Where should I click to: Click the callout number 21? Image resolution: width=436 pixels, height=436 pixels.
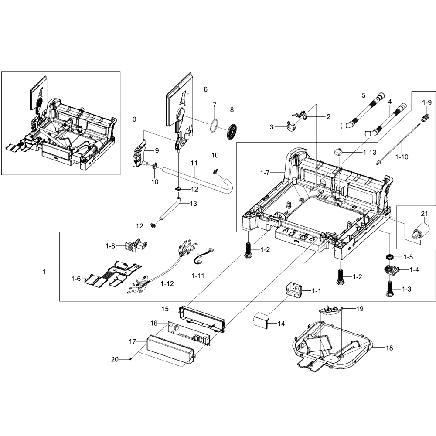coord(424,214)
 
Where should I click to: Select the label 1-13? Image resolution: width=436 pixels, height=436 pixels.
coord(370,152)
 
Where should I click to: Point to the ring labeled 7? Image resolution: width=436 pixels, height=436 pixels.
coord(214,126)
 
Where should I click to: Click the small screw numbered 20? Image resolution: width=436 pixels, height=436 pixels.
coord(131,359)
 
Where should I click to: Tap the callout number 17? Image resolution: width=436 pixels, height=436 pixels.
coord(133,341)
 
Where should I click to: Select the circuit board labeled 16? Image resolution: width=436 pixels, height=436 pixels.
coord(189,334)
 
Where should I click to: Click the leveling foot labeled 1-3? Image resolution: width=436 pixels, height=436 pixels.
coord(390,289)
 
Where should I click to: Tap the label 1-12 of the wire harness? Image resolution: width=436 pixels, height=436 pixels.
coord(167,283)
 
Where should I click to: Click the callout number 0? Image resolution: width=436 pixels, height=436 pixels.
coord(134,119)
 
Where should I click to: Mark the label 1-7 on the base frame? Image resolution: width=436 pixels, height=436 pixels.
coord(265,173)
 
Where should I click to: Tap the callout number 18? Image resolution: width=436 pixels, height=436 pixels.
coord(389,348)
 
